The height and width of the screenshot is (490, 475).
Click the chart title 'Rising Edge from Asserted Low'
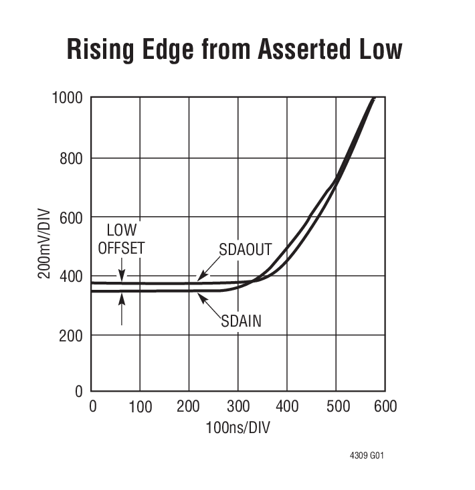click(x=234, y=50)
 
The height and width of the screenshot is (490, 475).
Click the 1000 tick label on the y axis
click(x=67, y=98)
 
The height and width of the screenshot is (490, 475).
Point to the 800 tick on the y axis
click(x=72, y=158)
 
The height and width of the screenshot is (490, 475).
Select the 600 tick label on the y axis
click(x=72, y=218)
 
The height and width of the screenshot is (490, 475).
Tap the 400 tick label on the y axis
click(x=72, y=276)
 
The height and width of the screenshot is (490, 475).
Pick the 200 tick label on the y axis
click(x=72, y=335)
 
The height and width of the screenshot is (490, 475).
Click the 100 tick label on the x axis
click(x=140, y=407)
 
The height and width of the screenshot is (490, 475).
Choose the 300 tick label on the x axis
click(x=237, y=407)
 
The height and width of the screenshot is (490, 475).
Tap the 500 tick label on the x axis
click(x=336, y=407)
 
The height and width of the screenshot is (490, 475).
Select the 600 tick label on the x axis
click(x=385, y=407)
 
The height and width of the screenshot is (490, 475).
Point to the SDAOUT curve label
click(x=246, y=250)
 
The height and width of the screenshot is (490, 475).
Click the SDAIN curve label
click(x=241, y=321)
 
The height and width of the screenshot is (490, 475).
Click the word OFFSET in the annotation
click(x=121, y=248)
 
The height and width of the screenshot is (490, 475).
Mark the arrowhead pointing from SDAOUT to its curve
click(x=200, y=276)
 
